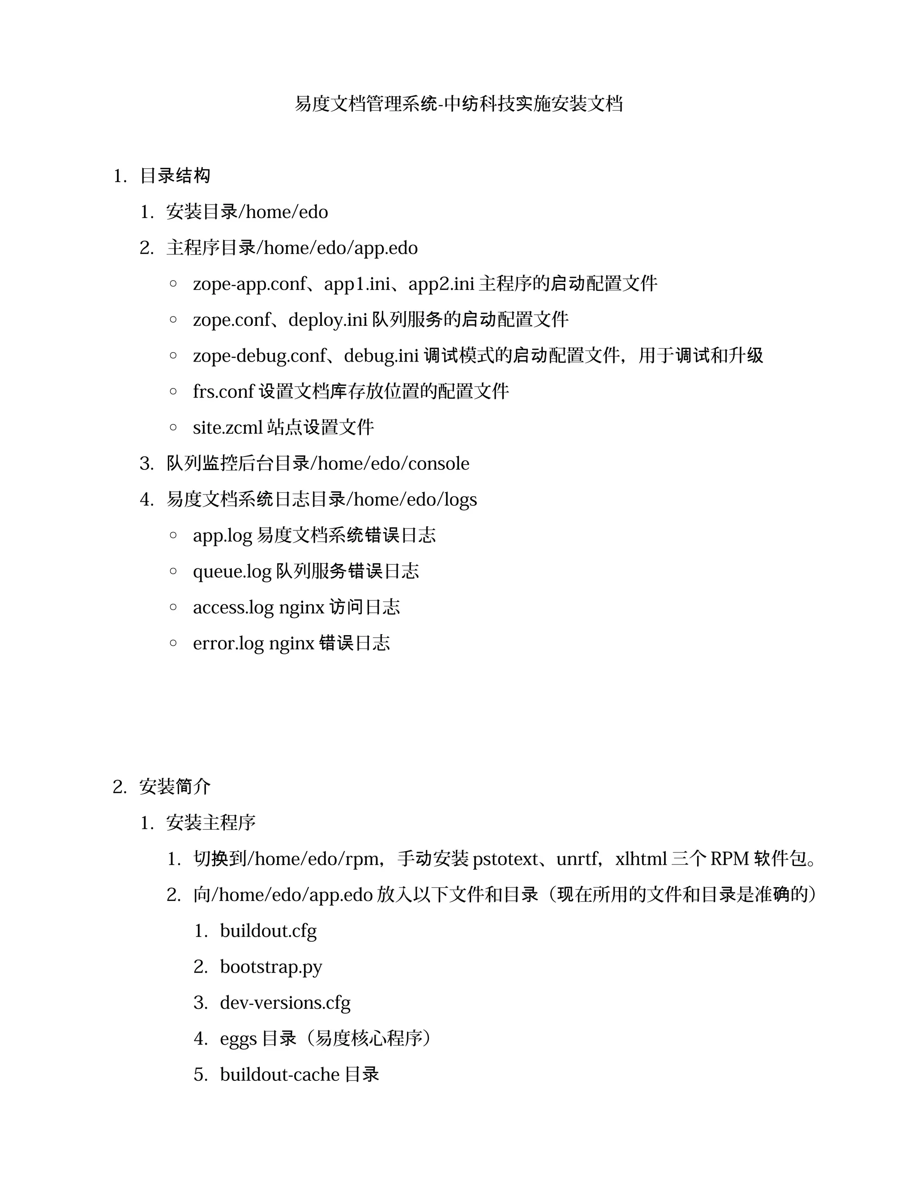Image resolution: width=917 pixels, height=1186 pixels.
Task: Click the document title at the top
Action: coord(458,104)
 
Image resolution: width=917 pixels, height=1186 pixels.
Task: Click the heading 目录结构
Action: coord(175,176)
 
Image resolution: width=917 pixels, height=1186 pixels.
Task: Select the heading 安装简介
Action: coord(175,787)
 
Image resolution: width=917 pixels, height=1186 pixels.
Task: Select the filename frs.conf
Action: coord(223,392)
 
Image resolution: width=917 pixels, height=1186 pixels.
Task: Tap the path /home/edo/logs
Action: coord(415,499)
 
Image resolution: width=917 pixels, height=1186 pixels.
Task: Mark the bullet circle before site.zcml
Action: coord(173,427)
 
